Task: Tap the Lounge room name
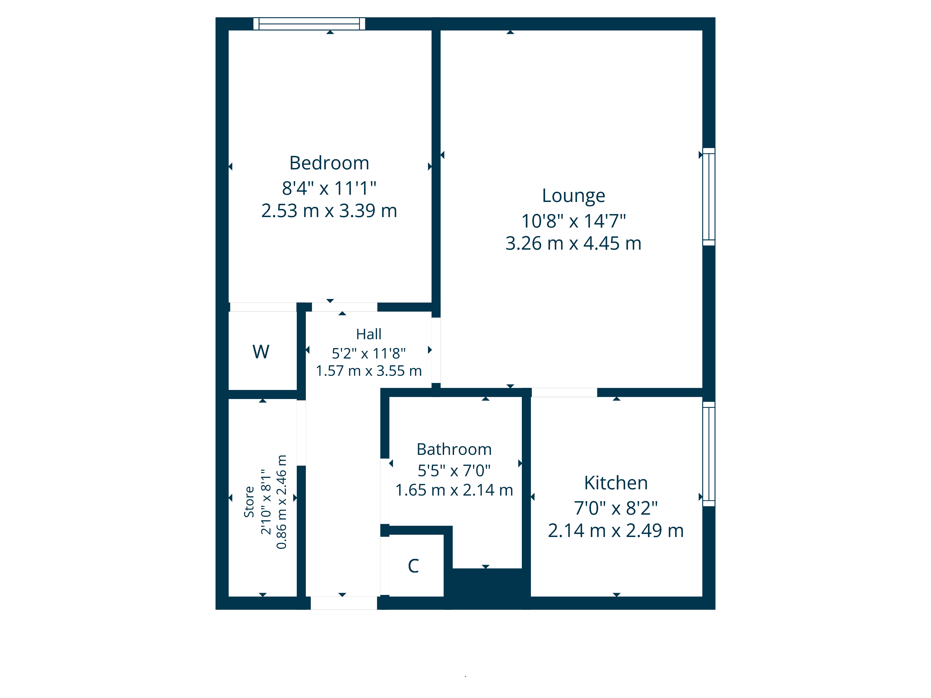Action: click(573, 196)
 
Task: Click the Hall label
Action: click(369, 334)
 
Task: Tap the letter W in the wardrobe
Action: click(261, 352)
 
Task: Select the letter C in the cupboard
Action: click(413, 566)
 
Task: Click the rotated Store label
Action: click(249, 502)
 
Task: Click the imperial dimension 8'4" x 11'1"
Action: click(329, 188)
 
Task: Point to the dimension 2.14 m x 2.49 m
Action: click(616, 530)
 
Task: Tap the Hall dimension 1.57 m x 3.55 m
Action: click(369, 371)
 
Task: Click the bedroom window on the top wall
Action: click(309, 23)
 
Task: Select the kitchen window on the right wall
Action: click(709, 454)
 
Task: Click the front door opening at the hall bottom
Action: click(344, 603)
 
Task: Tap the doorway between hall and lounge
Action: click(436, 350)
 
